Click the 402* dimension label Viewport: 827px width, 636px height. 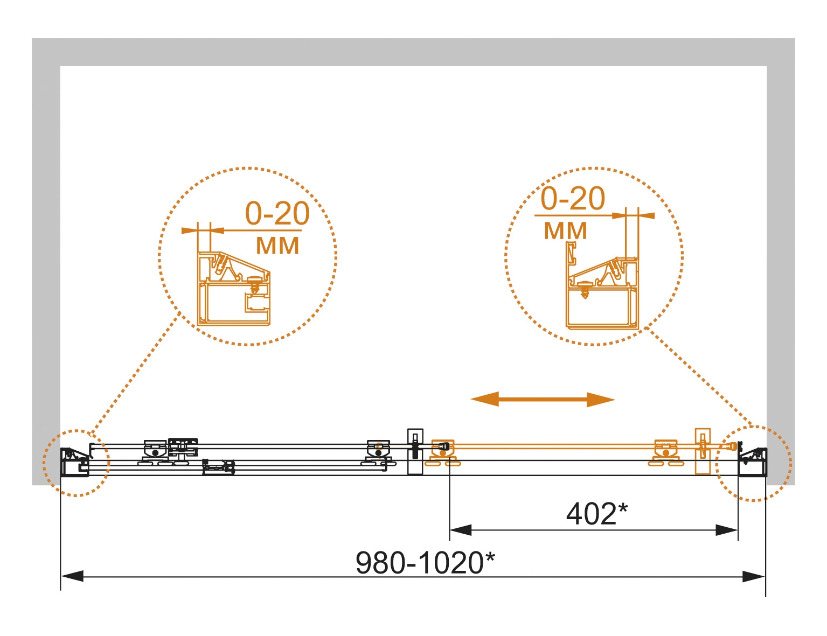coord(597,514)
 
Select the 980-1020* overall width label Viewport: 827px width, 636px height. coord(425,563)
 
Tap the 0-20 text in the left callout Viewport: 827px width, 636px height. coord(277,213)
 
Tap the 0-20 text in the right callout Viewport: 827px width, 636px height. coord(572,198)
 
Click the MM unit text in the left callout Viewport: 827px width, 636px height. coord(277,246)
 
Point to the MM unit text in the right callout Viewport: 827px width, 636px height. coord(565,231)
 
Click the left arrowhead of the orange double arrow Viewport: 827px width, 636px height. coord(484,399)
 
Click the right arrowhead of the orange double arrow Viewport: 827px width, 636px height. coord(601,400)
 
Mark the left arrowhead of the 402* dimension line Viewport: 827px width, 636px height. coord(461,530)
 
